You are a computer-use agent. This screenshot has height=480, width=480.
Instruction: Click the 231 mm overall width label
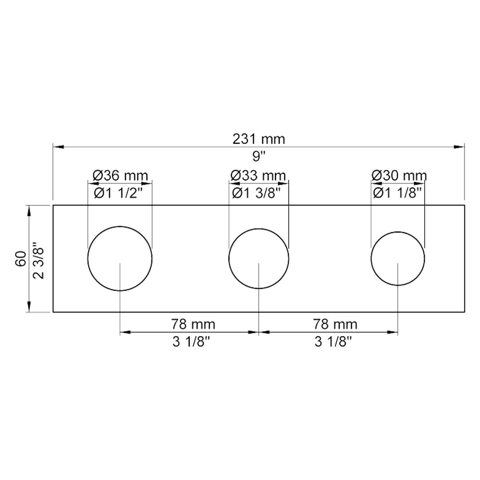[259, 139]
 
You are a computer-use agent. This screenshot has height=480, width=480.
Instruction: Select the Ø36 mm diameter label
[120, 175]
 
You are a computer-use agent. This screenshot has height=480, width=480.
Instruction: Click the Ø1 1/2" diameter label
[120, 193]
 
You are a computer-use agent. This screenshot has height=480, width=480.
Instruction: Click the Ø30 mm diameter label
[399, 175]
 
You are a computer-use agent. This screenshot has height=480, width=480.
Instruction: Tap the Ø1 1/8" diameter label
[397, 193]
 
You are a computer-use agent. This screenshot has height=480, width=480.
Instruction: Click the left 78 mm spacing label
[193, 324]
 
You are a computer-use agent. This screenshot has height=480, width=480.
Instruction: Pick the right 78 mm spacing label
[335, 324]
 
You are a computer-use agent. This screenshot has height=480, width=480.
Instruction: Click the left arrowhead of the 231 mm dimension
[58, 147]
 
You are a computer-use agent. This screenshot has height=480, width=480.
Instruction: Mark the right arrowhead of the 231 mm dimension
[459, 147]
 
